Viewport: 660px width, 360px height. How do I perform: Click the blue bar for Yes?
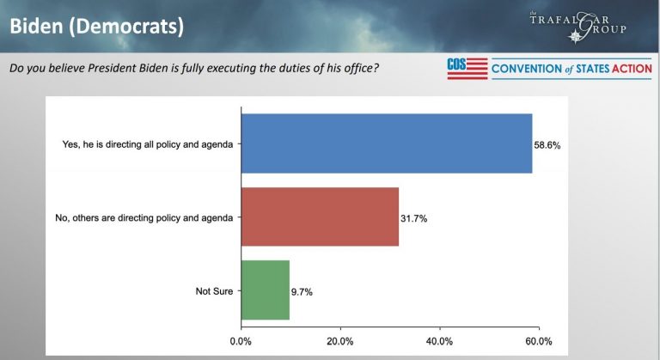click(x=387, y=143)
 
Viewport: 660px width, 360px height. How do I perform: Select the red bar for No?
click(x=320, y=217)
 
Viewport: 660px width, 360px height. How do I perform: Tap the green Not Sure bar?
click(x=266, y=290)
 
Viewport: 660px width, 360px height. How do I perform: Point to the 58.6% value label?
click(x=547, y=145)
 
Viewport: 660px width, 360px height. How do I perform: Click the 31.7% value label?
click(x=414, y=218)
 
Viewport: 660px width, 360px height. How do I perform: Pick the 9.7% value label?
click(x=302, y=292)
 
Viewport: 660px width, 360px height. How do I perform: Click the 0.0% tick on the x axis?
click(x=241, y=341)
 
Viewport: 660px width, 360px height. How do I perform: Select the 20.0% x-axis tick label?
click(x=340, y=341)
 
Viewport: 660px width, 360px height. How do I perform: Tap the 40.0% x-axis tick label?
click(x=439, y=341)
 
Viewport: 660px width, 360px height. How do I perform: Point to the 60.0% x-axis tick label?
click(x=539, y=341)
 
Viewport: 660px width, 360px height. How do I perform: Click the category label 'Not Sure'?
click(x=214, y=291)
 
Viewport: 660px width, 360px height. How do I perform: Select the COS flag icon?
click(x=467, y=68)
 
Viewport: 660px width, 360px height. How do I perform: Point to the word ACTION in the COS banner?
click(x=626, y=68)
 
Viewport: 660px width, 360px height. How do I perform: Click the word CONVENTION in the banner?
click(x=526, y=68)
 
